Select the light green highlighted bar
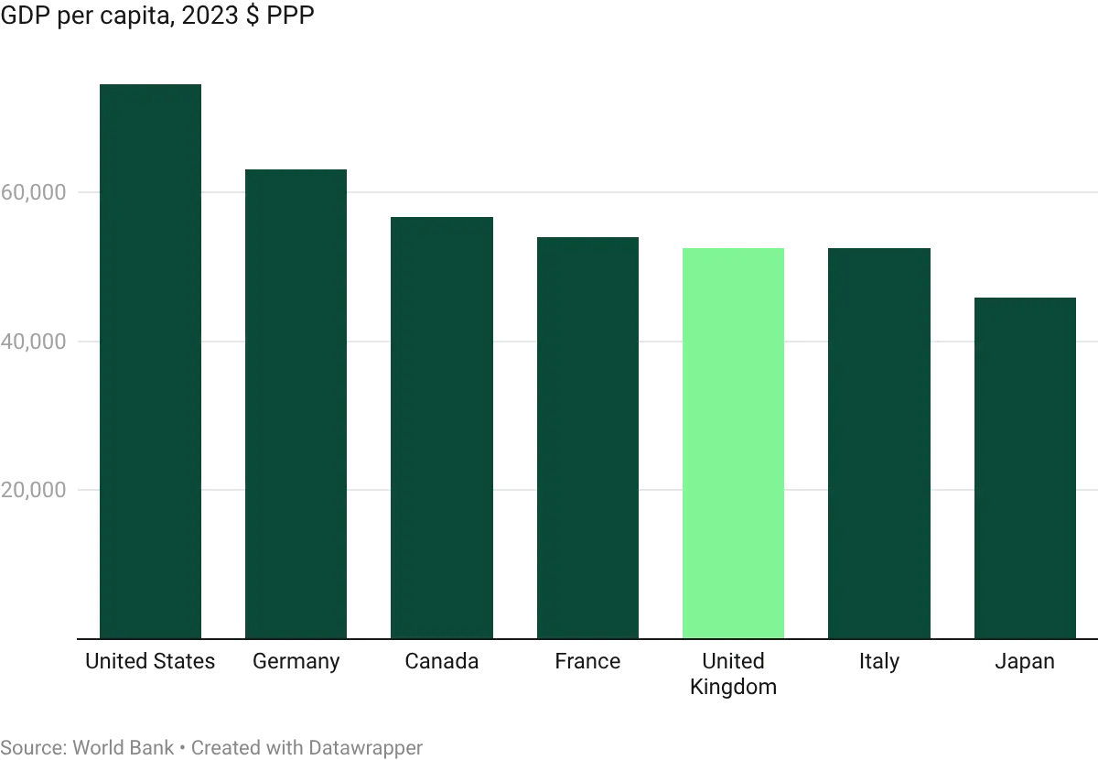point(735,440)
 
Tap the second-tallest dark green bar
point(296,403)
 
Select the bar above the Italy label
point(880,440)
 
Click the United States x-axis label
point(150,663)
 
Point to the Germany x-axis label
point(296,663)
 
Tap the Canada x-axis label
point(442,663)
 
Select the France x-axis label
point(588,663)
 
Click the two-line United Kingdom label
point(735,674)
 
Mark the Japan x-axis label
point(1024,663)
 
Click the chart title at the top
point(156,16)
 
